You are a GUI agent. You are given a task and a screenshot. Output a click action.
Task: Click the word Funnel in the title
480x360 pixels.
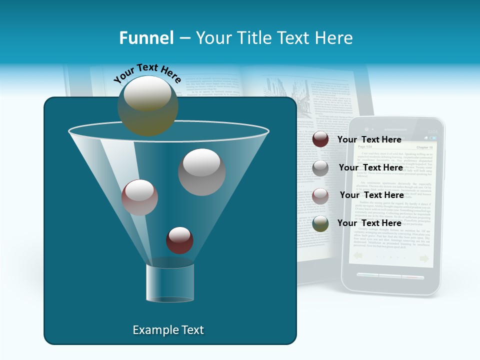(x=146, y=38)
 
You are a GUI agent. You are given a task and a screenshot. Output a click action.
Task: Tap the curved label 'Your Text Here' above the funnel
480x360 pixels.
(x=147, y=73)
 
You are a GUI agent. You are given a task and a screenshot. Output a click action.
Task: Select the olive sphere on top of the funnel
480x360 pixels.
(x=148, y=105)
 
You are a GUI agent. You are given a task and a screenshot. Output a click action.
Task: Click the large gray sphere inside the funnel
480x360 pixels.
(x=201, y=171)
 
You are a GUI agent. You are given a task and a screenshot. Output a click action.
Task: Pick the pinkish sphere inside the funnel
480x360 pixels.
(x=139, y=197)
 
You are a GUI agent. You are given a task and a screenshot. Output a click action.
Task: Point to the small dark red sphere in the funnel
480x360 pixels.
(x=179, y=240)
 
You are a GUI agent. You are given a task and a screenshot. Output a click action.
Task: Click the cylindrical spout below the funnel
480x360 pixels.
(x=170, y=283)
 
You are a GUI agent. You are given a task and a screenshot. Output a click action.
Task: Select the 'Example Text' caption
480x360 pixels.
(x=168, y=330)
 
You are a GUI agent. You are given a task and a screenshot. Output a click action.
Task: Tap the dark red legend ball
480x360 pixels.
(x=320, y=139)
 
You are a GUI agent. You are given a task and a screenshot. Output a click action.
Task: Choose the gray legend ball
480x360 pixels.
(x=320, y=168)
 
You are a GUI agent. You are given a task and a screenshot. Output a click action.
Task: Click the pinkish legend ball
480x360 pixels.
(x=320, y=195)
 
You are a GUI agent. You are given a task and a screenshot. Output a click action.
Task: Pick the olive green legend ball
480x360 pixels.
(x=320, y=223)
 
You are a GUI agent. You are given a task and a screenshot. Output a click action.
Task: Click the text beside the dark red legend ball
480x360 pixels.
(x=369, y=139)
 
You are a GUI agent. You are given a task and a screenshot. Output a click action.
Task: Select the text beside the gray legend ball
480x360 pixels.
(x=370, y=167)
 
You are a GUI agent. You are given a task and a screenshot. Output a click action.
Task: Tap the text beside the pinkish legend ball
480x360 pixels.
(x=371, y=195)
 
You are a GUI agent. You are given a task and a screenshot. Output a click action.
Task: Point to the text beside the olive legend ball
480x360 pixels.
(x=369, y=223)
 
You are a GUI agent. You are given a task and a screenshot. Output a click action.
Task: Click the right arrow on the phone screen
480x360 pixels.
(x=424, y=258)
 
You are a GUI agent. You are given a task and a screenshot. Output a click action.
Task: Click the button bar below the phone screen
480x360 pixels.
(x=391, y=276)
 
